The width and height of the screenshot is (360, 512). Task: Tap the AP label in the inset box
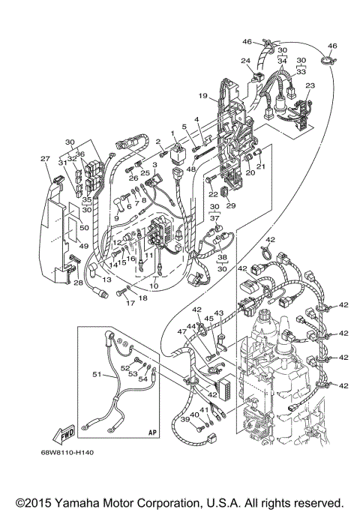[x=152, y=433]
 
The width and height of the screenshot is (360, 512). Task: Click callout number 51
[x=96, y=373]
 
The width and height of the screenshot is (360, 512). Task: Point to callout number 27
[x=45, y=158]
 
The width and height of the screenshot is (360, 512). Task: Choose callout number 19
[x=202, y=96]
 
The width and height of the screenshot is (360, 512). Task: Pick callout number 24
[x=245, y=61]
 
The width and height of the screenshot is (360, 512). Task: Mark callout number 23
[x=310, y=86]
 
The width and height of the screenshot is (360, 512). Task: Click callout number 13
[x=106, y=279]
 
